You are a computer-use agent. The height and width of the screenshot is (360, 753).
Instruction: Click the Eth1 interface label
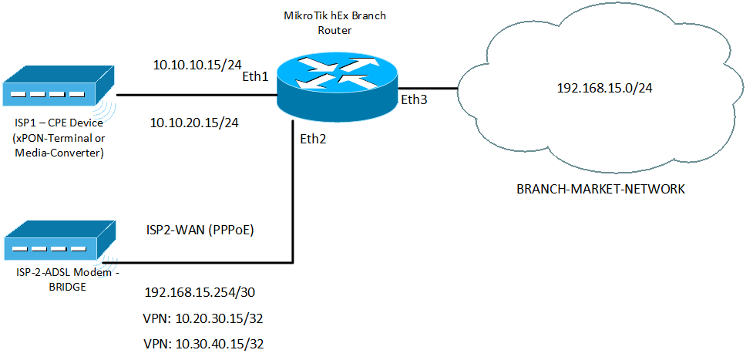pyautogui.click(x=256, y=77)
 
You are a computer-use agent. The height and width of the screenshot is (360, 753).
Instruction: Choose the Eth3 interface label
pyautogui.click(x=414, y=99)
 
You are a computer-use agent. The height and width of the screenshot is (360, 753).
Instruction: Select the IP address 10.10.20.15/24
pyautogui.click(x=195, y=123)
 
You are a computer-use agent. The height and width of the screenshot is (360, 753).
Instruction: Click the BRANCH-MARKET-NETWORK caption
pyautogui.click(x=600, y=189)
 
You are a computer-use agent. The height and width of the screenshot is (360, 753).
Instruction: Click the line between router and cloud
pyautogui.click(x=428, y=87)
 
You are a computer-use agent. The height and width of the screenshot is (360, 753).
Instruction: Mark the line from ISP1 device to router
pyautogui.click(x=193, y=96)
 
